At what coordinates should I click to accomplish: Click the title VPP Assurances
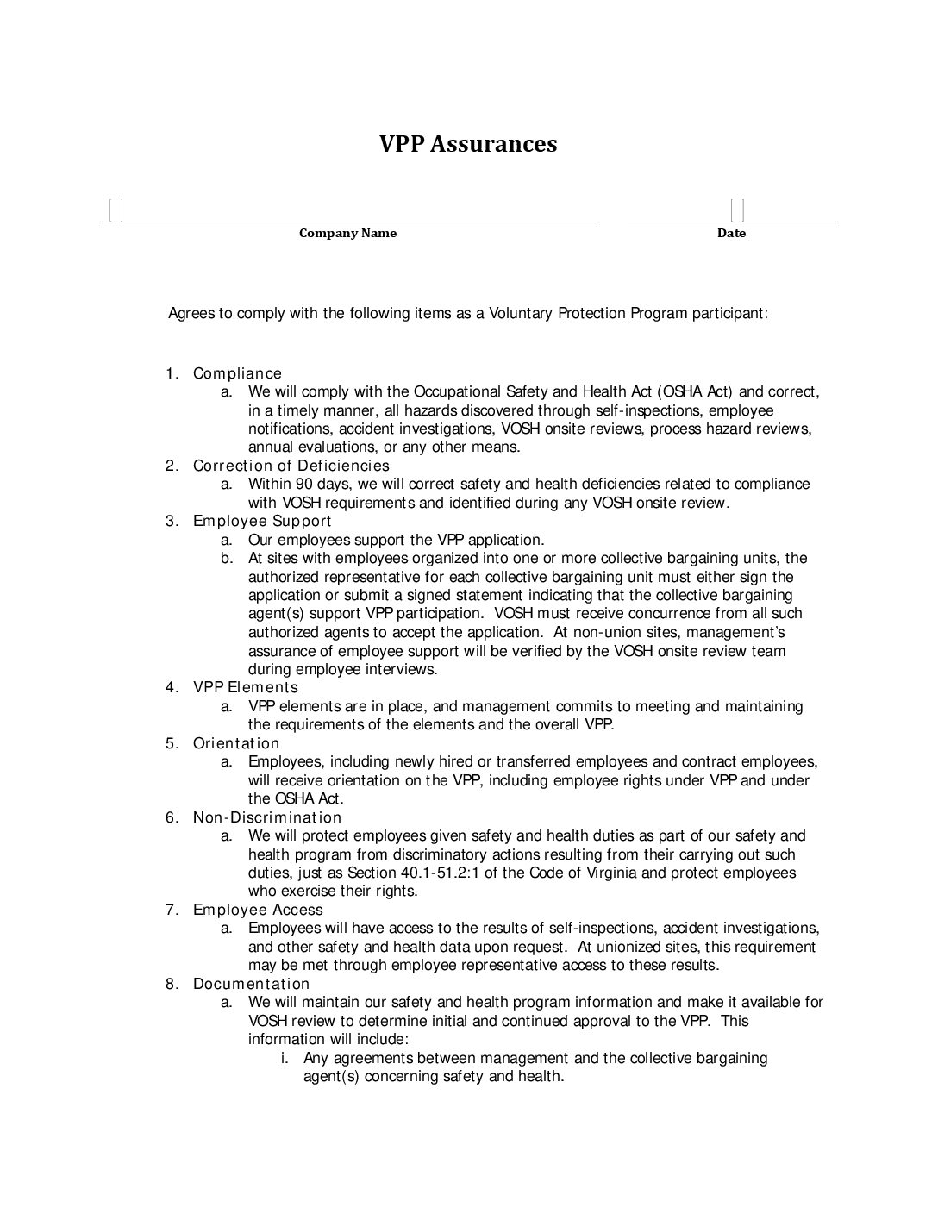pos(468,143)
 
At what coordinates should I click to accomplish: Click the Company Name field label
pos(347,233)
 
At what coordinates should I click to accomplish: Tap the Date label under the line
pos(731,233)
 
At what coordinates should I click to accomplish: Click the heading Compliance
pos(237,373)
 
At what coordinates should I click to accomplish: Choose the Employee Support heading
pos(262,521)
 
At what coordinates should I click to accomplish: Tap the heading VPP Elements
pos(246,687)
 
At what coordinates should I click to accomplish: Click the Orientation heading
pos(236,743)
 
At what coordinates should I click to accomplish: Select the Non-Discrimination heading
pos(267,817)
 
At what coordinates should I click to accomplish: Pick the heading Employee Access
pos(258,910)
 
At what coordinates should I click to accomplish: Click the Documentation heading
pos(251,984)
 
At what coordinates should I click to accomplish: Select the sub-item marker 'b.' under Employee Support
pos(227,558)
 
